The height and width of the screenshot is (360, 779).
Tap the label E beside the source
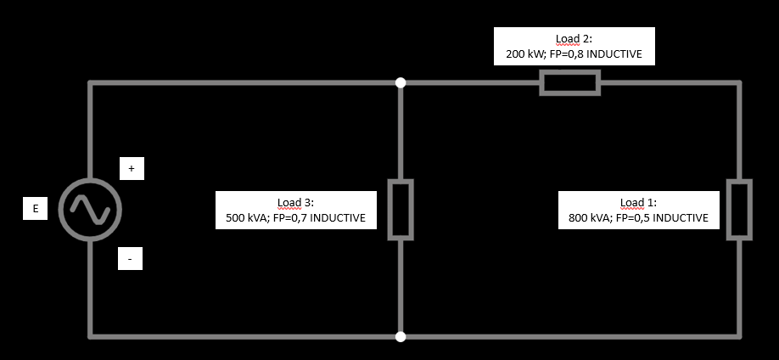point(35,209)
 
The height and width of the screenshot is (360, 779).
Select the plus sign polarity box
point(131,169)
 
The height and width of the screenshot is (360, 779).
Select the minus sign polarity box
point(130,258)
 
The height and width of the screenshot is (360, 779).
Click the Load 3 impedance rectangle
point(401,210)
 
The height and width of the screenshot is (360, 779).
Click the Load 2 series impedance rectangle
point(569,83)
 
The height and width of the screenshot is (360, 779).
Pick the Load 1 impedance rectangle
point(739,210)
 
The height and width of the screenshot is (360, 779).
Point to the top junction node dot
point(401,83)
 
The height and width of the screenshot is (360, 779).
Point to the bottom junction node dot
point(401,336)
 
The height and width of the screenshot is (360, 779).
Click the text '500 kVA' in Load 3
point(246,218)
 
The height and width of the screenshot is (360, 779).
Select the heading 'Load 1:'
point(638,203)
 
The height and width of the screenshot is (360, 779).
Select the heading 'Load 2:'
point(574,39)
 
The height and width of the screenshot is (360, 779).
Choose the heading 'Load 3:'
point(295,203)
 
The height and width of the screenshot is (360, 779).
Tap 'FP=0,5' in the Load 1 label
point(633,218)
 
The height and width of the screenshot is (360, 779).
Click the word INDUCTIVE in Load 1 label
point(681,218)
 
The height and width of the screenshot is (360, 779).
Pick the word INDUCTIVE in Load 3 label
point(338,218)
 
